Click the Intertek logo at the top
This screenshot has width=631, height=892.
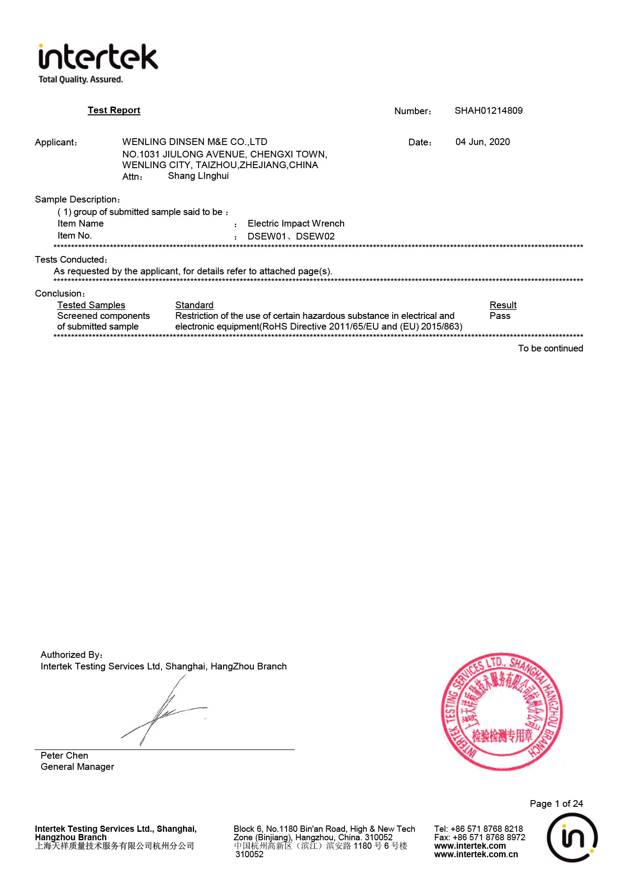98,62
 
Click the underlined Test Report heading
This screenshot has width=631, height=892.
114,110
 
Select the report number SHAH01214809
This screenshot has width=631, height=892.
488,111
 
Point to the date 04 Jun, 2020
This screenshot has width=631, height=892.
482,142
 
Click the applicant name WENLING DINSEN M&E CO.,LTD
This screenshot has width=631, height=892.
195,142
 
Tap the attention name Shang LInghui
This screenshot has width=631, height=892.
198,176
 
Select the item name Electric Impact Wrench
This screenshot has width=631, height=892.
296,223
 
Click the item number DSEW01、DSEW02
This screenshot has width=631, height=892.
291,236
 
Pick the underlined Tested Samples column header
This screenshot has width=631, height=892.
91,305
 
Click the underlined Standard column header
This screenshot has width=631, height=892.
194,305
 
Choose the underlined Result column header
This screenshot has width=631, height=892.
503,305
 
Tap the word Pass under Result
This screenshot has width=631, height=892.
500,316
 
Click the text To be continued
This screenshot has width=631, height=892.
550,348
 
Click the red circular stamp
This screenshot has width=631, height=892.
502,712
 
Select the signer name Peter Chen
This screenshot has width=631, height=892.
64,756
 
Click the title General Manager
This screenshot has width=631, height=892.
77,767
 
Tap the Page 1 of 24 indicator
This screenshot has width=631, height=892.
556,804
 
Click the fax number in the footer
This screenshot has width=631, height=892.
479,837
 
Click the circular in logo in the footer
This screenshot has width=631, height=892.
572,837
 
